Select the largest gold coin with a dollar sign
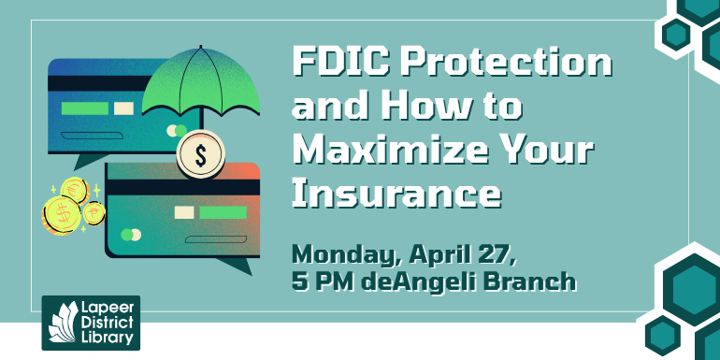tap(62, 215)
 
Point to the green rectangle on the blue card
tap(84, 108)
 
